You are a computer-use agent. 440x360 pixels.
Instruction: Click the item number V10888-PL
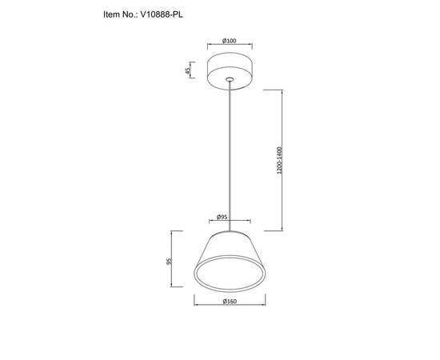point(162,14)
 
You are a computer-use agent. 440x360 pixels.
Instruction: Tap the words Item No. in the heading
point(120,14)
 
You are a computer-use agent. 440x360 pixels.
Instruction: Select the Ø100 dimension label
point(230,41)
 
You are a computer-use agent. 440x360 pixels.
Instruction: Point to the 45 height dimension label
point(188,70)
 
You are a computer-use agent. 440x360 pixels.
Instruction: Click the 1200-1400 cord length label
point(279,160)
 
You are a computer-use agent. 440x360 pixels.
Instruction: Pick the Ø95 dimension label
point(222,217)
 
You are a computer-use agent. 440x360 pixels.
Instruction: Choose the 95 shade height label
point(169,262)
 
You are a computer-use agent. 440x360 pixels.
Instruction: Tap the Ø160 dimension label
point(230,302)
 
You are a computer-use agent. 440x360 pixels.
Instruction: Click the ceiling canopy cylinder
point(230,71)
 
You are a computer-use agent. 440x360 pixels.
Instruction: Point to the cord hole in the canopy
point(230,79)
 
